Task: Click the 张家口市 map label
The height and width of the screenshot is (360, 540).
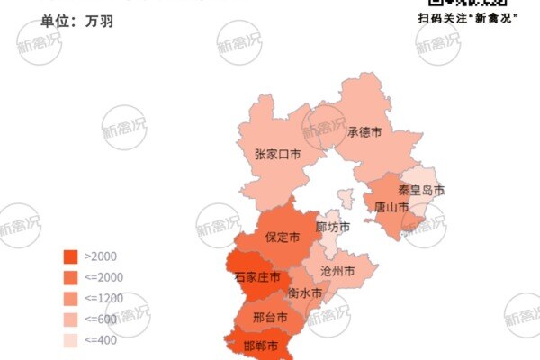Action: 276,155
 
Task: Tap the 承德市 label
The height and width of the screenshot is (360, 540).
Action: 364,131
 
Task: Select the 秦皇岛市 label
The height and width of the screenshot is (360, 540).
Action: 421,191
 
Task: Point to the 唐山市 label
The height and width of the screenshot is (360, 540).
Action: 391,207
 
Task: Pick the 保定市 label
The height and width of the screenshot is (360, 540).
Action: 282,238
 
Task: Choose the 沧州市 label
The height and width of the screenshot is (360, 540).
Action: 337,271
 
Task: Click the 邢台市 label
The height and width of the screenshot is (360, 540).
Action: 271,318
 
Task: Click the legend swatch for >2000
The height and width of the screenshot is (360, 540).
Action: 70,256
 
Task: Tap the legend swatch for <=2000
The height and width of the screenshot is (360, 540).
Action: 70,277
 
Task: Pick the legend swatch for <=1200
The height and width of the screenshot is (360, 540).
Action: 70,298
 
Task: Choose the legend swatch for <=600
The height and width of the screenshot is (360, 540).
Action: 70,319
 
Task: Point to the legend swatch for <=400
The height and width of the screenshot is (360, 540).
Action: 70,340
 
